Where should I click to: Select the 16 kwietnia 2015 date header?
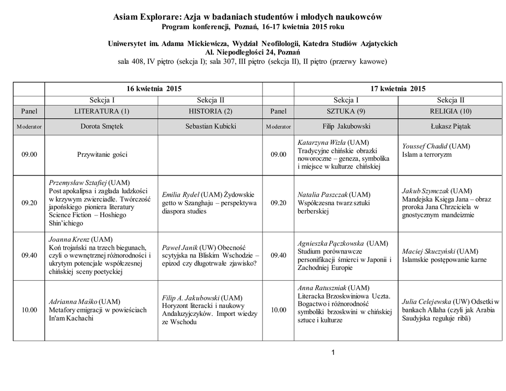[x=154, y=89]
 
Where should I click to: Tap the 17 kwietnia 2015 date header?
[x=398, y=89]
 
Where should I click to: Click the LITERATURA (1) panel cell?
[x=102, y=111]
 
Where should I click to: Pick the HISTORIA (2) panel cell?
[x=211, y=111]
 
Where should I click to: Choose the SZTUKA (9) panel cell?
[x=346, y=111]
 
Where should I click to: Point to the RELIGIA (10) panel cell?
[x=451, y=111]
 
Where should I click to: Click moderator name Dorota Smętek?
[x=102, y=126]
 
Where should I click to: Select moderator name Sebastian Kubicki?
[x=211, y=126]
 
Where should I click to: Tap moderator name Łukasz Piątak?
[x=451, y=126]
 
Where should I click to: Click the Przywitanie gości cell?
[x=102, y=154]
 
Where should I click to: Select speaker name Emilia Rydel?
[x=180, y=194]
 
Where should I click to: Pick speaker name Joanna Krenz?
[x=69, y=239]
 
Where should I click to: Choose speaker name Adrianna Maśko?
[x=73, y=302]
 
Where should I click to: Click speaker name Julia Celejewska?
[x=427, y=302]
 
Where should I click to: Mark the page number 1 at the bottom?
[x=334, y=352]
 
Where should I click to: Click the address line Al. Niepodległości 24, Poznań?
[x=253, y=52]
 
